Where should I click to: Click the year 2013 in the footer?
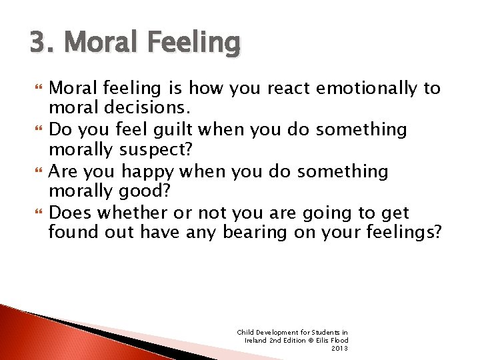pos(340,348)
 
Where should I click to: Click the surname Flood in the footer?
pos(339,340)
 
